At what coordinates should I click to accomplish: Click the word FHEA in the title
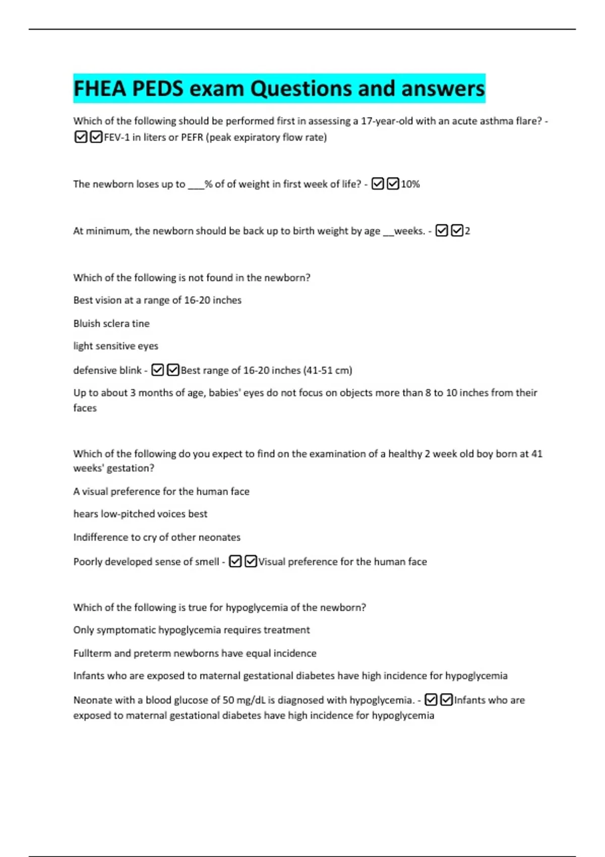99,89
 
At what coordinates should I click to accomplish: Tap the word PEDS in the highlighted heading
158,89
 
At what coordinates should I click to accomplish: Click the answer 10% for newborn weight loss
410,185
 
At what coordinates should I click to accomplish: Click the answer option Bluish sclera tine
111,324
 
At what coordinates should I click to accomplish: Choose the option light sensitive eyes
115,346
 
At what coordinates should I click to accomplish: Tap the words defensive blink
107,371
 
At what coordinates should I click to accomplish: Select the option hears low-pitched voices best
140,514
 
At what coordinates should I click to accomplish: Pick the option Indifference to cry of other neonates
157,537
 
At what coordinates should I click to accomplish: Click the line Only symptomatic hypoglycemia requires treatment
192,630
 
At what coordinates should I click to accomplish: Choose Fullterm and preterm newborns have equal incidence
195,653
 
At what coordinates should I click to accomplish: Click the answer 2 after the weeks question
467,231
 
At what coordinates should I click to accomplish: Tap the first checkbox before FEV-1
80,137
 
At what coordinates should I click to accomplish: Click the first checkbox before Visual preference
235,562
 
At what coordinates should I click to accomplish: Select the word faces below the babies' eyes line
85,408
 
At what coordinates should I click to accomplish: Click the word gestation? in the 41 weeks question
131,468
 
